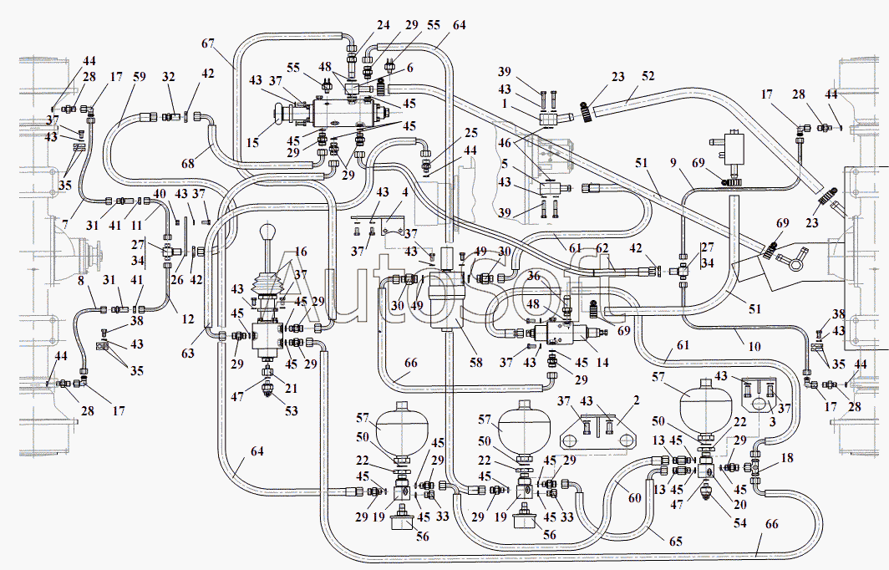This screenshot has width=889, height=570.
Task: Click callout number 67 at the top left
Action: tap(208, 43)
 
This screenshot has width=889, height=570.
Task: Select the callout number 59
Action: tap(139, 77)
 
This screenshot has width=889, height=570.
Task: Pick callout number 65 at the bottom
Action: tap(675, 542)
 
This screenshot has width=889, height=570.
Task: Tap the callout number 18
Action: tap(786, 459)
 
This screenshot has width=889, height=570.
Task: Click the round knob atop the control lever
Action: tap(269, 232)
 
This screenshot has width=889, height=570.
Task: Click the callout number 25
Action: tap(471, 132)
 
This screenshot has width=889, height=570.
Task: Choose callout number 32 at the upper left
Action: tap(170, 77)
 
